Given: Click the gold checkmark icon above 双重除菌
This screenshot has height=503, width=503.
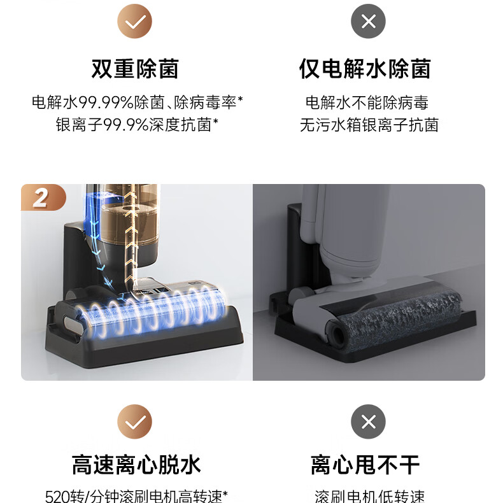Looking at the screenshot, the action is [x=134, y=21].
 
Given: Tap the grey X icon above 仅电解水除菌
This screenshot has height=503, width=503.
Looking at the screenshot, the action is [x=368, y=21].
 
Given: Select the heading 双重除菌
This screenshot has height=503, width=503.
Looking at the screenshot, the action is [x=135, y=69].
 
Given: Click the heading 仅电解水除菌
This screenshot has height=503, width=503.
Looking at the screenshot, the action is [x=365, y=69].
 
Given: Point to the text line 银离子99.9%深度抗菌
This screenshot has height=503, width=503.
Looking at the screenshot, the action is [x=137, y=124].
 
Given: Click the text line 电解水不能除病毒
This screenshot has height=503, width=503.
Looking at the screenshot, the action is [x=367, y=103].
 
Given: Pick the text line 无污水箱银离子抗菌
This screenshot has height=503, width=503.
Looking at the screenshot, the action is [x=369, y=124].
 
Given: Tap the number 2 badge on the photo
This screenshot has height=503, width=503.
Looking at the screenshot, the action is [x=43, y=197].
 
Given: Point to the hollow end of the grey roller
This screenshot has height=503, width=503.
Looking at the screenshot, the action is [x=336, y=334].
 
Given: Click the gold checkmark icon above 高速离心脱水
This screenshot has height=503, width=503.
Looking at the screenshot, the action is [x=134, y=422].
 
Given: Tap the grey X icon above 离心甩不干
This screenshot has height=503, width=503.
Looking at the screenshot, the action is [x=368, y=422].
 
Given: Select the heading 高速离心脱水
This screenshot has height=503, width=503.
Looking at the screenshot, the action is [x=136, y=465].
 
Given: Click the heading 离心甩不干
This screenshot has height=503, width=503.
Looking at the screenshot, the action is [x=365, y=465].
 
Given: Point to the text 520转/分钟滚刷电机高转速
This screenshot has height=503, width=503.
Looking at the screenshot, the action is [x=136, y=496].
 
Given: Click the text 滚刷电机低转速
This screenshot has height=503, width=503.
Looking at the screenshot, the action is [x=369, y=496].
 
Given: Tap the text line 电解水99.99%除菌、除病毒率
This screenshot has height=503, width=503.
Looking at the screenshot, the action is [x=138, y=103].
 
